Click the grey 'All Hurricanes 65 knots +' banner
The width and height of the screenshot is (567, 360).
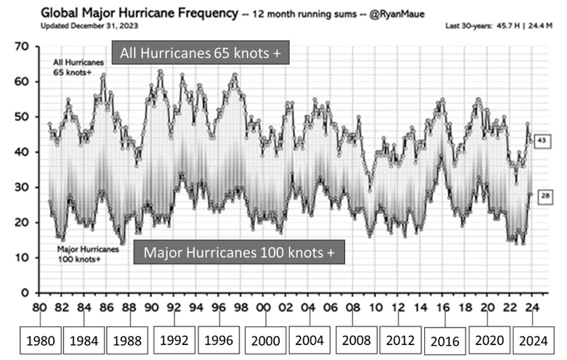tap(201, 54)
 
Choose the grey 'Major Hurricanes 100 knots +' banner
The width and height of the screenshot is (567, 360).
tap(239, 253)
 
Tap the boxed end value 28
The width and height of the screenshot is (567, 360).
tap(545, 196)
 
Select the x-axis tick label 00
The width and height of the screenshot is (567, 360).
tap(263, 307)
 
